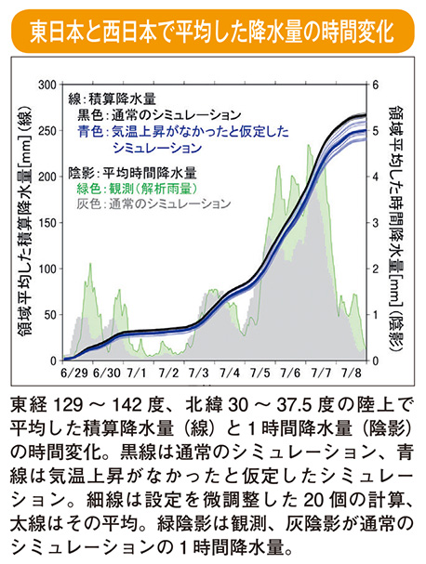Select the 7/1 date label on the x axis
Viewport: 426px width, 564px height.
click(x=136, y=373)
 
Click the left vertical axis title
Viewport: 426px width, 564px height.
click(x=18, y=222)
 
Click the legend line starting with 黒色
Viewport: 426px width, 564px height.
click(x=149, y=116)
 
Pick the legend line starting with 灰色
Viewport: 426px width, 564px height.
click(x=153, y=202)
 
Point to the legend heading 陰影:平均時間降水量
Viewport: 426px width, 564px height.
click(x=131, y=171)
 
